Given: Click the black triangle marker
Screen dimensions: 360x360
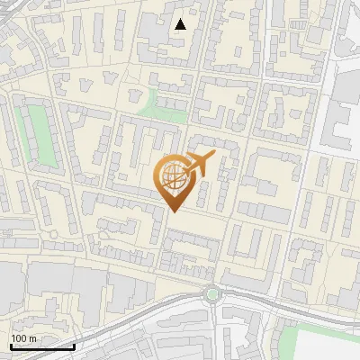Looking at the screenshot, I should point(181,24).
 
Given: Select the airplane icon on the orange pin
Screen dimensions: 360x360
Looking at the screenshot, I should point(200,164).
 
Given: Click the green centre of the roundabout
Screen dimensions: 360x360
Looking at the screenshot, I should point(212,293).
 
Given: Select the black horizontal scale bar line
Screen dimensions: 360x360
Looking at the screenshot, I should point(42,347).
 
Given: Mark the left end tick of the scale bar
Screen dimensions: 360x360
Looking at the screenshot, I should point(11,346).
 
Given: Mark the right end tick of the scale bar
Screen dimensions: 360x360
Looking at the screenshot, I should point(74,346).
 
